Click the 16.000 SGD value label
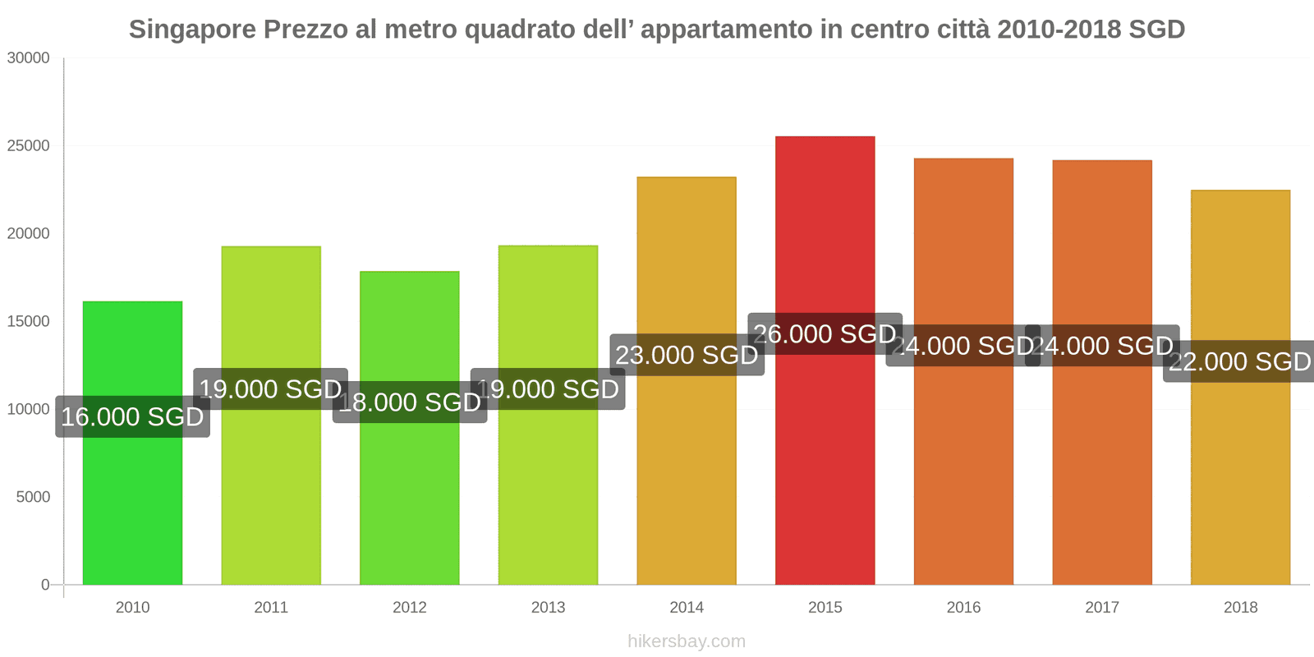tap(132, 416)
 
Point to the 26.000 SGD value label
tap(825, 334)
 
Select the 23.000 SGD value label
tap(687, 355)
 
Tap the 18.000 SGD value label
tap(409, 402)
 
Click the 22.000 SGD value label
tap(1239, 361)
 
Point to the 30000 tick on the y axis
tap(29, 58)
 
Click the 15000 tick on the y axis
tap(29, 322)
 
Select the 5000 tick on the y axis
tap(33, 497)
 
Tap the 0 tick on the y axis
tap(45, 585)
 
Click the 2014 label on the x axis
tap(687, 608)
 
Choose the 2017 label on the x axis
tap(1101, 608)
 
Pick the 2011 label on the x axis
tap(271, 608)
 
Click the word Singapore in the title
tap(192, 30)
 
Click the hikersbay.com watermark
tap(687, 641)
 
